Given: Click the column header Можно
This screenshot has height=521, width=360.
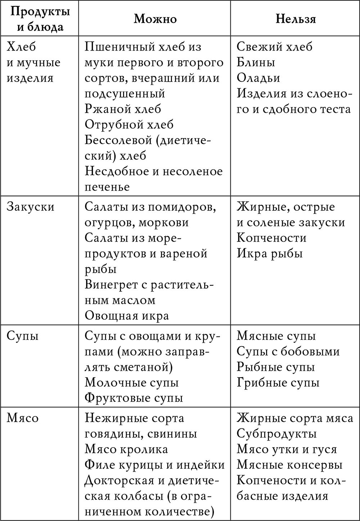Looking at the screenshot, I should [155, 19].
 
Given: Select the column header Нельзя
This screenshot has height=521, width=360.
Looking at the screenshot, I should [296, 19].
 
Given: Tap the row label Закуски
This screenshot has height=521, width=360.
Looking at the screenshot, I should [31, 207].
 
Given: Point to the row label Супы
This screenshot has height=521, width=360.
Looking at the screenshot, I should [23, 336].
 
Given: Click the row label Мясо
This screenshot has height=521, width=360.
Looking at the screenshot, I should [23, 418].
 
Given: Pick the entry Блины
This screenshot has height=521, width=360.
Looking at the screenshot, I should [256, 62].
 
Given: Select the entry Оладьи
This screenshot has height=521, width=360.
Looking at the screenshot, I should [258, 78].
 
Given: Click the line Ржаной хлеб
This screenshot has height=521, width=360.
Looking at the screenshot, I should [123, 109].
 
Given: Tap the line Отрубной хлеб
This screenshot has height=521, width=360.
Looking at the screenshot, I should [129, 124].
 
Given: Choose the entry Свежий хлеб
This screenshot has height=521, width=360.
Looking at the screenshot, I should [275, 47].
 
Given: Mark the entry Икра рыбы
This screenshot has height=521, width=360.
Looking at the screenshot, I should [270, 253].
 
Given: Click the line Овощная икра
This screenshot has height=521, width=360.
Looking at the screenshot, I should [127, 316].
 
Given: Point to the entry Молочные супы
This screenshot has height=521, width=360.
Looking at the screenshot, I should [132, 382].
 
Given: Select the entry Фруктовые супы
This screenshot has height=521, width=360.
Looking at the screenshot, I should [134, 398].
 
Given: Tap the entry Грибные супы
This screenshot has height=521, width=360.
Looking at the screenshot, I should [278, 382].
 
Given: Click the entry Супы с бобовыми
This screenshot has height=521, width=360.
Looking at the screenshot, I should [288, 351].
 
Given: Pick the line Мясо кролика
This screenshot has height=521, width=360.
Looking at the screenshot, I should [126, 449].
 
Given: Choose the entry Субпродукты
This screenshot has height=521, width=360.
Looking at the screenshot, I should [276, 434].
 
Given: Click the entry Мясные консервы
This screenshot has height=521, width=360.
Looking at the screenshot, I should [289, 465].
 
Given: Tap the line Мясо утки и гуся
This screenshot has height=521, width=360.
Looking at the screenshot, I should [287, 449].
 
